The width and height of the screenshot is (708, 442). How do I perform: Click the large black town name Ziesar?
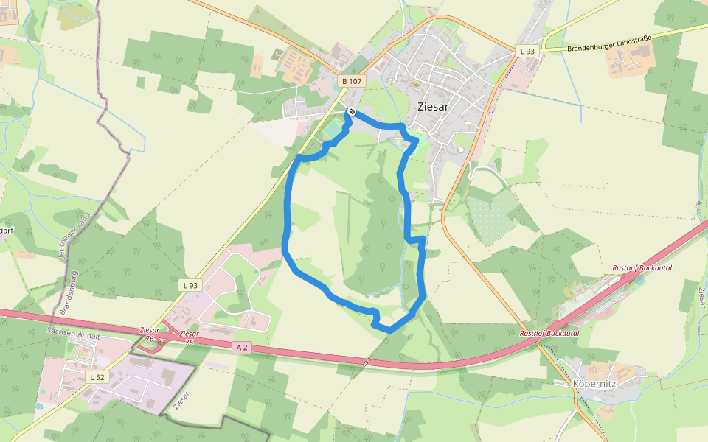(x=433, y=106)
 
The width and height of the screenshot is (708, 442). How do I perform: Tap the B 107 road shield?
(x=353, y=81)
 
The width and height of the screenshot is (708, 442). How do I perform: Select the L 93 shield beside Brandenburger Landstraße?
(x=527, y=50)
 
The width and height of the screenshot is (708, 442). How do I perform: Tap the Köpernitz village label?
(x=594, y=384)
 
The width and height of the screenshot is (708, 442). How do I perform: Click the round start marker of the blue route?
(x=352, y=112)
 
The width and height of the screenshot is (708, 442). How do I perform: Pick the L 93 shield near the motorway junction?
(x=190, y=285)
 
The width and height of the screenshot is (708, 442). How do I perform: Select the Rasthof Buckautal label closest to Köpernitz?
(x=549, y=333)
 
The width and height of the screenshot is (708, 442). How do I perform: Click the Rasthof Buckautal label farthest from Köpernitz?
(x=642, y=268)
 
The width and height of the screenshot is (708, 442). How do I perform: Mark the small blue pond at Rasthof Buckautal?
(x=640, y=281)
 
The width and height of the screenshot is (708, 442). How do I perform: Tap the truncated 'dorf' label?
(x=7, y=230)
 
